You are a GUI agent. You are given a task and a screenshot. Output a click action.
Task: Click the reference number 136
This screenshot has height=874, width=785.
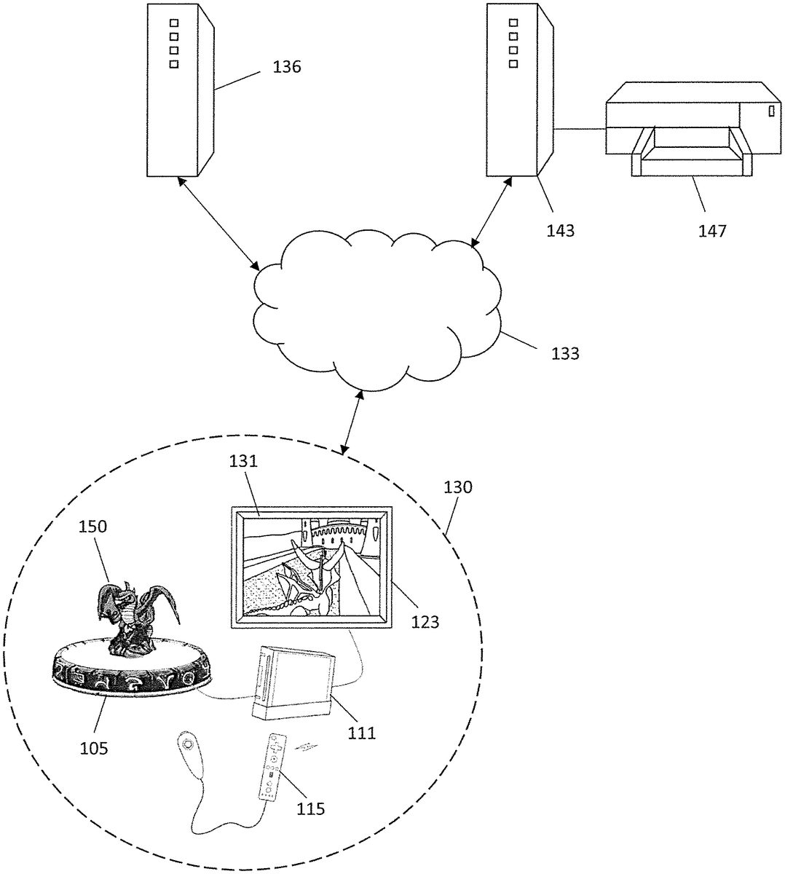pos(286,68)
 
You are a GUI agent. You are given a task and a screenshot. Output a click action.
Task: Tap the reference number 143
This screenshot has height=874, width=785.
pos(560,231)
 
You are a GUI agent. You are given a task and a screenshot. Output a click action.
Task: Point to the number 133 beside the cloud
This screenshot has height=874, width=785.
pos(565,354)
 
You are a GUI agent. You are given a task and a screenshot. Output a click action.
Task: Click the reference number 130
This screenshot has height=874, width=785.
pos(457,487)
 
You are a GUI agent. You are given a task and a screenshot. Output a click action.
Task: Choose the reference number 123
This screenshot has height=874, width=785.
pos(425,621)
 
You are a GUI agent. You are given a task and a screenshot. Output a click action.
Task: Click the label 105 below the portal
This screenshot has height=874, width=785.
pos(93,748)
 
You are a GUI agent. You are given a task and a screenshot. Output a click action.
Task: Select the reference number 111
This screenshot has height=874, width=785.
pos(361,733)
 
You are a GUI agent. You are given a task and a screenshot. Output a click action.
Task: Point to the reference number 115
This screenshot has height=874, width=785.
pos(309,808)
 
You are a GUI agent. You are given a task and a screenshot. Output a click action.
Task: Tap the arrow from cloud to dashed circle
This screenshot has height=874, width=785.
pos(352,420)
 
